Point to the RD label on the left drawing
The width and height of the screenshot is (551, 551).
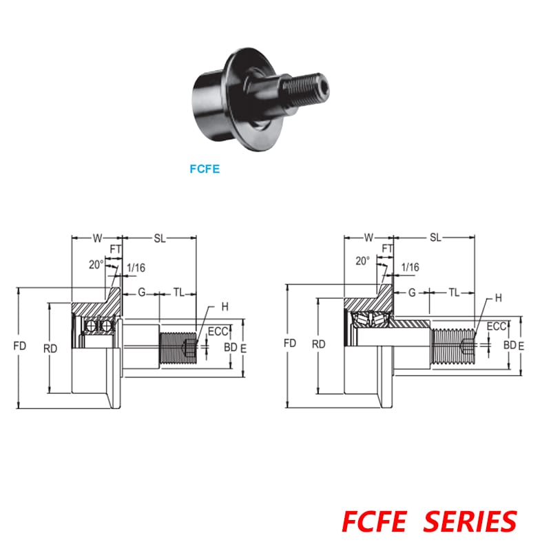50,349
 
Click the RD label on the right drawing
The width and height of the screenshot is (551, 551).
319,343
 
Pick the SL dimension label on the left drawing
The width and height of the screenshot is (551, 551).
160,238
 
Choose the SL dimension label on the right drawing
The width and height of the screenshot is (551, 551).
435,238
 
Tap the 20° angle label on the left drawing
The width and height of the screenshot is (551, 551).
96,264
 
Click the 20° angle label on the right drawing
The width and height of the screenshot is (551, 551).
363,261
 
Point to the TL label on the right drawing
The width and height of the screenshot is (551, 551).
454,292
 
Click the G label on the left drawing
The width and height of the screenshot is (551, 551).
142,292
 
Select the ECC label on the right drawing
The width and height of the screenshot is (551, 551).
497,327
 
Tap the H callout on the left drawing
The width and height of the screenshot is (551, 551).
225,306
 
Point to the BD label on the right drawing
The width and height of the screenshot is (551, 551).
509,344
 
